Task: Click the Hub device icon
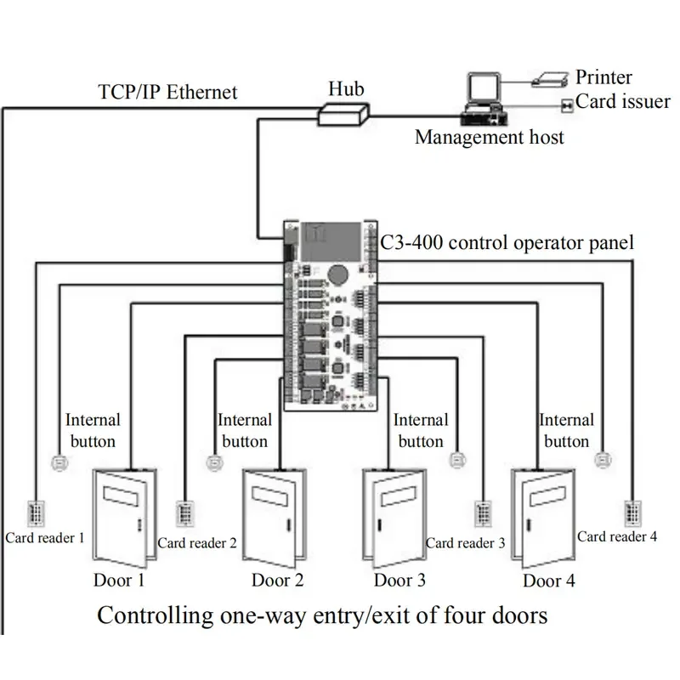point(344,113)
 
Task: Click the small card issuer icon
point(567,105)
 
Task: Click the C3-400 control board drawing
point(331,315)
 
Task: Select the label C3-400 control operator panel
point(507,242)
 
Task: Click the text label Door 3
point(399,581)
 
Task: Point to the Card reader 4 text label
point(617,536)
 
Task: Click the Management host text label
point(489,137)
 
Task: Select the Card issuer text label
point(623,102)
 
